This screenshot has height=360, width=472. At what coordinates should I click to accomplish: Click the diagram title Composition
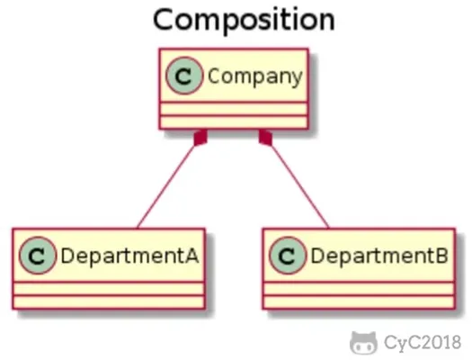click(x=245, y=20)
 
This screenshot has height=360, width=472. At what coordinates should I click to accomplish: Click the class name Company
click(x=255, y=76)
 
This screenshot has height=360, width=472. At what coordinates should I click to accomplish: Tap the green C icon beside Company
click(x=184, y=76)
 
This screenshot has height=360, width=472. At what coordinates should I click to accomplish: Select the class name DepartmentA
click(x=129, y=256)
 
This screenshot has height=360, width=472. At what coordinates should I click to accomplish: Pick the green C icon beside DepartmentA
click(x=38, y=256)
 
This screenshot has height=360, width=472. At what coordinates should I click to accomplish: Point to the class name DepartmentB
click(x=379, y=256)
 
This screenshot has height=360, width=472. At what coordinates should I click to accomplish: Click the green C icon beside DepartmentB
click(x=288, y=256)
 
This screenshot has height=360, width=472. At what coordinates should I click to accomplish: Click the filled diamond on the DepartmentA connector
click(x=201, y=138)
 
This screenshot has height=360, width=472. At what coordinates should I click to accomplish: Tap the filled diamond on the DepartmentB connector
click(x=265, y=138)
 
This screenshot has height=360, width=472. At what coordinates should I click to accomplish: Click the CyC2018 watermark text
click(x=423, y=343)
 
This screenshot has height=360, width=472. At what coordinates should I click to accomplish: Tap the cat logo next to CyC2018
click(x=363, y=343)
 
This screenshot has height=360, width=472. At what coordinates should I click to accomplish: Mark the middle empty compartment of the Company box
click(x=234, y=109)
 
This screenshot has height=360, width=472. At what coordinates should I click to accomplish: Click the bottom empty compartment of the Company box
click(x=234, y=121)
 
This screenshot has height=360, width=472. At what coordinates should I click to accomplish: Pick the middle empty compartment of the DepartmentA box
click(x=109, y=289)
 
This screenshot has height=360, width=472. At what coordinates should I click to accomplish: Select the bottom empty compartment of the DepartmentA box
click(x=109, y=301)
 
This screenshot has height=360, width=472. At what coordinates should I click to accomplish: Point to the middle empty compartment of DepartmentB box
click(x=359, y=289)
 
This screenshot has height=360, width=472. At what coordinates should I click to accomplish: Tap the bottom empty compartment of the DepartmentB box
click(x=359, y=301)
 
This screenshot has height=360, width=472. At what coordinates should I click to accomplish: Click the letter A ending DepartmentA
click(x=191, y=256)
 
